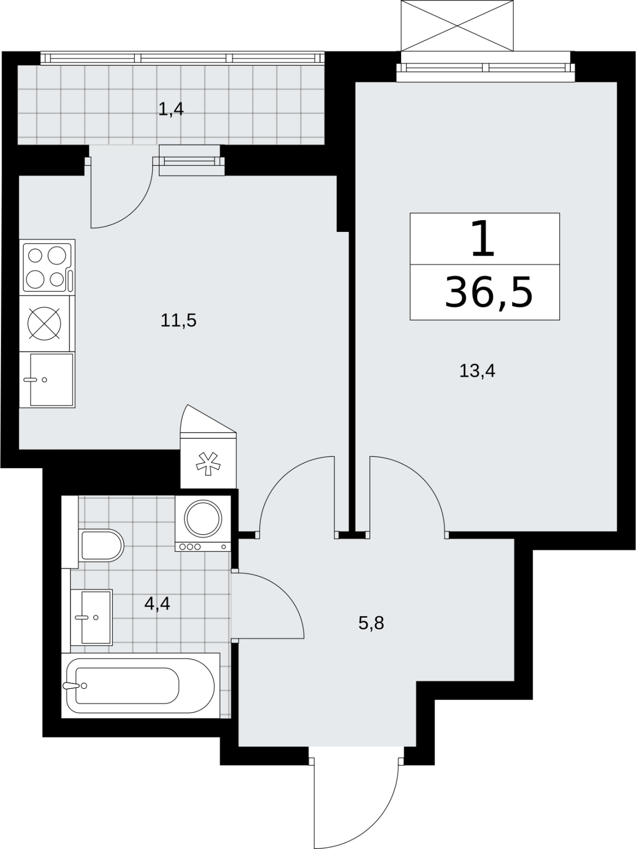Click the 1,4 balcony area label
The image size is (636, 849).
(x=171, y=110)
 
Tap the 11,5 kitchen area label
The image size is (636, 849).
(x=179, y=320)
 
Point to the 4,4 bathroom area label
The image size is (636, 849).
(x=157, y=603)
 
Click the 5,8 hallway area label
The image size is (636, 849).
(x=371, y=623)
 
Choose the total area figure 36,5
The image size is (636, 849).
(x=489, y=292)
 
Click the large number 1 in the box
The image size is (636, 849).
(x=483, y=239)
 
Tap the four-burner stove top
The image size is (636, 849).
(x=48, y=267)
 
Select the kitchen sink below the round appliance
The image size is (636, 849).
(x=48, y=379)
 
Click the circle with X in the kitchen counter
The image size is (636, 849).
(x=44, y=324)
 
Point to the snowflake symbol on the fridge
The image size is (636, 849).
(x=208, y=463)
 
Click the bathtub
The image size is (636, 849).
(x=140, y=686)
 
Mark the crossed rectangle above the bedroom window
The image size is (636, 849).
(x=457, y=26)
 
